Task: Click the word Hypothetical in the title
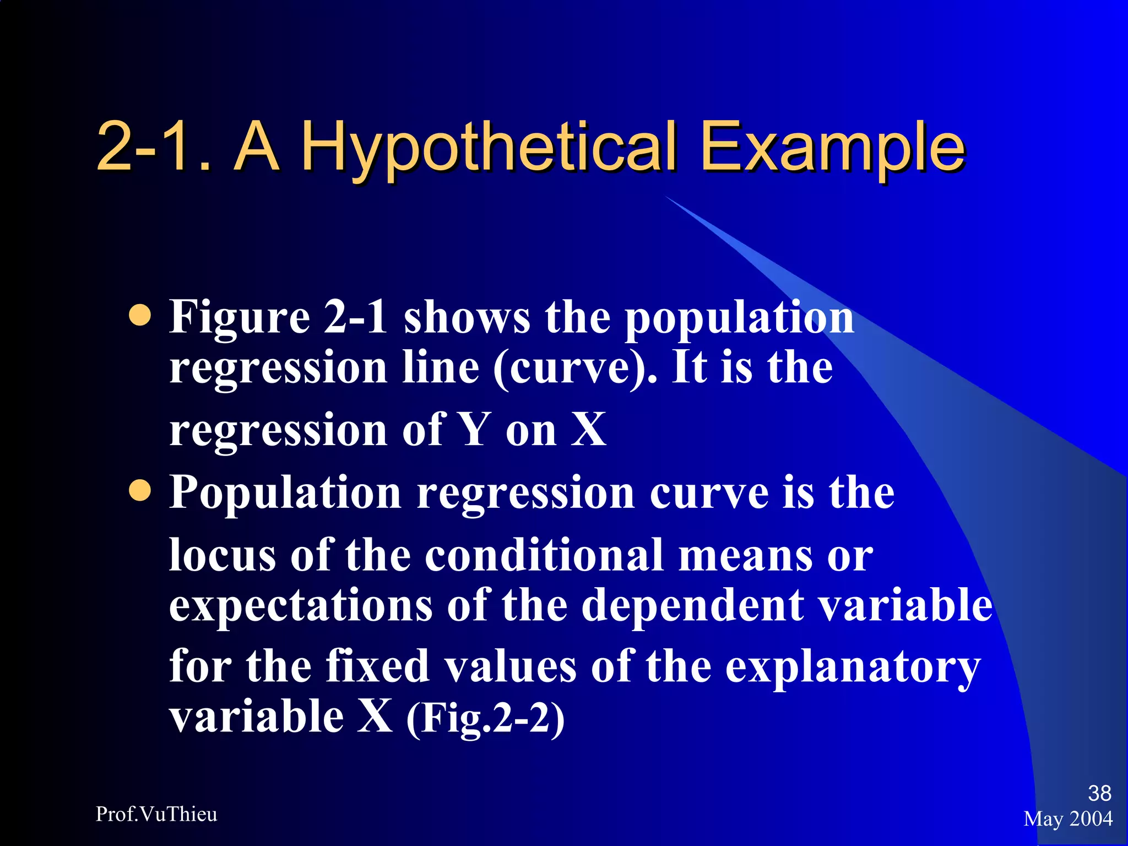489,148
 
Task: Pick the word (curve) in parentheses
575,368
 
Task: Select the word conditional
544,555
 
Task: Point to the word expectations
300,605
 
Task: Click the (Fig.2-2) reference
485,718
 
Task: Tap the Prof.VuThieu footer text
156,814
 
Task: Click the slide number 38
1099,793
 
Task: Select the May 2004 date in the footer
1068,818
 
